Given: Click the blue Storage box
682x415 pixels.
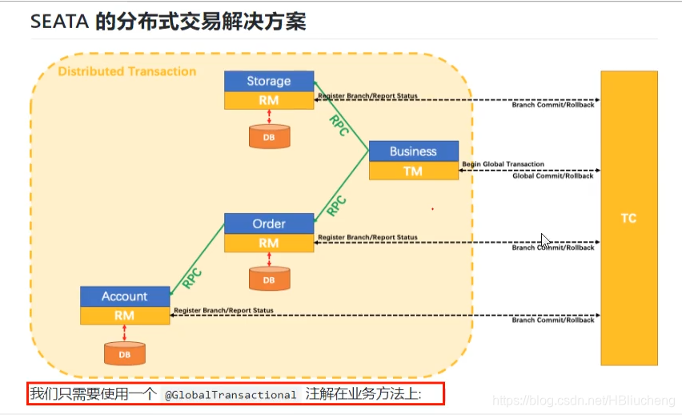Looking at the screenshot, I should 268,81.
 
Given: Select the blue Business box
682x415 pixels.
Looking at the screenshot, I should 413,151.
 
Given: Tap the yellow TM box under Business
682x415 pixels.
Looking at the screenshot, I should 413,171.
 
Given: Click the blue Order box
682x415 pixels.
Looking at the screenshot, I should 268,224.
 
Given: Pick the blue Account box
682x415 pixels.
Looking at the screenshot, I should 124,296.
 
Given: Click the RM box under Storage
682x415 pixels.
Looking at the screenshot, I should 268,101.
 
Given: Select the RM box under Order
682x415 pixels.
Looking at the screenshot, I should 268,243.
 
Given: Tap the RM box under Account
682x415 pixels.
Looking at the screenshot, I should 124,316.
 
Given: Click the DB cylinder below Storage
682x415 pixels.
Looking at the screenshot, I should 269,137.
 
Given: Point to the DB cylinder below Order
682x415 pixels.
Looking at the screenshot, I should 269,280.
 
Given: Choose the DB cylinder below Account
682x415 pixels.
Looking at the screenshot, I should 125,353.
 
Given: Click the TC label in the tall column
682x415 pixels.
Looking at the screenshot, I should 628,218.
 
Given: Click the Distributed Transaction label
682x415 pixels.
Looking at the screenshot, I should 127,71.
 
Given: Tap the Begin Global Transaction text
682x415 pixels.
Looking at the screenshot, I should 503,164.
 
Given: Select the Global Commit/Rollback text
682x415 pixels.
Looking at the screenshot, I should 553,176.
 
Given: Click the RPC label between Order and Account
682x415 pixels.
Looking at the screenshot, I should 192,277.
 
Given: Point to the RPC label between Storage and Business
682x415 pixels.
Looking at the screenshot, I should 339,125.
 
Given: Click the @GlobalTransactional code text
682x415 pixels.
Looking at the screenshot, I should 231,395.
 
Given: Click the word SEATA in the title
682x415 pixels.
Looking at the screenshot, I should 58,22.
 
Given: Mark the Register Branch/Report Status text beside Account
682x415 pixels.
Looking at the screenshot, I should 223,310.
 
